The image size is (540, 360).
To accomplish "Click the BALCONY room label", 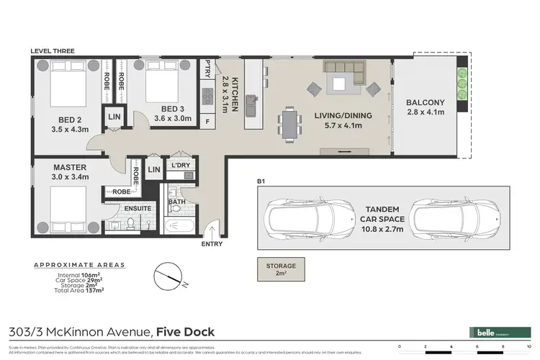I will tap(425, 102).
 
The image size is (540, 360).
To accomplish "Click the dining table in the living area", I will tap(290, 122).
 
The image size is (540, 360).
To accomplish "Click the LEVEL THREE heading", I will tap(54, 51).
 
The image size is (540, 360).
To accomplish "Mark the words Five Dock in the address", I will tap(184, 332).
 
